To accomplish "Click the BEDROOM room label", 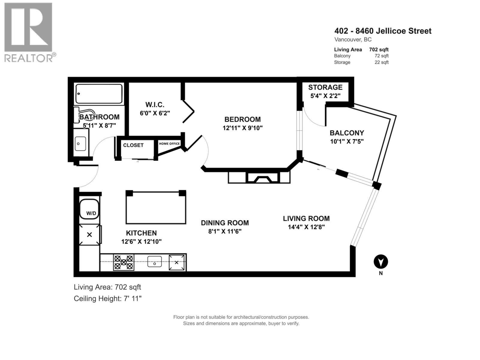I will pos(242,119).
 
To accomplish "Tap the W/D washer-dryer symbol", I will pos(89,209).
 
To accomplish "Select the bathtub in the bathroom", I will pos(99,94).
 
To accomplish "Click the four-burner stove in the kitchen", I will pos(124,262).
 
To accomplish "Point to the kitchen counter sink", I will pos(154,262).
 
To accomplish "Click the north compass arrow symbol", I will pos(381,262).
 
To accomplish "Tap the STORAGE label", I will pos(325,87).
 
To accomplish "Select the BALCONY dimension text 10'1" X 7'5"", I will pos(347,141).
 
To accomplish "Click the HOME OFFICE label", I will pos(169,144).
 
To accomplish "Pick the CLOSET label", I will pos(133,145).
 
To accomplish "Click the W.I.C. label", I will pos(155,105).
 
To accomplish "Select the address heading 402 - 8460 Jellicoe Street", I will pos(383,31).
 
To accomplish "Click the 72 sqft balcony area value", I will pos(381,56).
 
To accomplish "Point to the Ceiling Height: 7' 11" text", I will pos(107,298).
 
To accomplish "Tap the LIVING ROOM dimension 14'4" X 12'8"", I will pos(306,227).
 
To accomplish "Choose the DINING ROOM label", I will pos(225,223).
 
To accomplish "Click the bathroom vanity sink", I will pos(80,144).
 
